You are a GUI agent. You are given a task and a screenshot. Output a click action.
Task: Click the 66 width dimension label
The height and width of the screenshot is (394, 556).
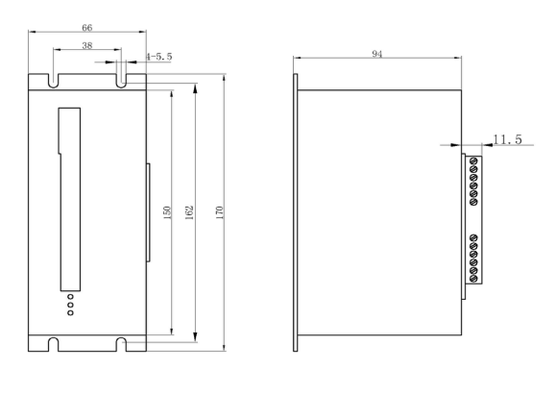[x=87, y=28]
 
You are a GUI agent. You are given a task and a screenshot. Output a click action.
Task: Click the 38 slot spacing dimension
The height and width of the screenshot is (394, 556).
[x=87, y=45]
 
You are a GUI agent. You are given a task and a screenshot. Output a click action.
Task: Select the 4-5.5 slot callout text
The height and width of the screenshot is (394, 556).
[x=158, y=57]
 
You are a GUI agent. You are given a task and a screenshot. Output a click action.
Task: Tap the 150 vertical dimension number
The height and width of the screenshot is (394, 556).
[x=167, y=212]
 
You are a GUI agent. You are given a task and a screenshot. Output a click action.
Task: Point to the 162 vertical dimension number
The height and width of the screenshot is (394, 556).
[x=189, y=212]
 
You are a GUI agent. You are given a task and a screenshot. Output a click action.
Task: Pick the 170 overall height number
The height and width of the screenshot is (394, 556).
[x=220, y=212]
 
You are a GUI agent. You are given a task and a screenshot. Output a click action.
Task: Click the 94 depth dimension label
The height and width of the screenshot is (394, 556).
[x=377, y=54]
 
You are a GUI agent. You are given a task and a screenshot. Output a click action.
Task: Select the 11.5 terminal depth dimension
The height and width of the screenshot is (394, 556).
[x=507, y=139]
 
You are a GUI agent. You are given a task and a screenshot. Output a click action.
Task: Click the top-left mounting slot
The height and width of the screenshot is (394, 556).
[x=53, y=81]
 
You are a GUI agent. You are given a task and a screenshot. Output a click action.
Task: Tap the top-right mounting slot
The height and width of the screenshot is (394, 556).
[x=121, y=81]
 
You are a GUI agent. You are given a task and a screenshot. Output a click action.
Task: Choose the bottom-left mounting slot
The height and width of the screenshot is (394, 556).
[x=53, y=345]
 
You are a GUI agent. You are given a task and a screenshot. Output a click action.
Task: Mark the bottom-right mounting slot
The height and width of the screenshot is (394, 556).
[x=121, y=345]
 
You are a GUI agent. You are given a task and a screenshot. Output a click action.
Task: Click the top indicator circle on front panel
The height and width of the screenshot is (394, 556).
[x=70, y=296]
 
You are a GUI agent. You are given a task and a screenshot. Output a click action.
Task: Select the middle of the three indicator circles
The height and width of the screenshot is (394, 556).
[x=70, y=305]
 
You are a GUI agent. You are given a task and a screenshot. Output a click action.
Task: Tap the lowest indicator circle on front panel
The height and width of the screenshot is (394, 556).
[x=70, y=312]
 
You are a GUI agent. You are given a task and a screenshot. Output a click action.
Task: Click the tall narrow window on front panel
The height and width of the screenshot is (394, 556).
[x=70, y=199]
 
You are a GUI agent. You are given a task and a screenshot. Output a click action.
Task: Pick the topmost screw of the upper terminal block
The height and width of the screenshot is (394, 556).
[x=473, y=161]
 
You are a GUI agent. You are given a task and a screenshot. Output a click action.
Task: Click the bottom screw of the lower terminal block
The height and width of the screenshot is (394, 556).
[x=473, y=279]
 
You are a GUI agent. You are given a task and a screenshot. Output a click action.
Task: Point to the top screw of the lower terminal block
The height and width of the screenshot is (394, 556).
[x=473, y=237]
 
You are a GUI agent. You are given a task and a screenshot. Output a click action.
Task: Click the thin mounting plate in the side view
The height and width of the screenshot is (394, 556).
[x=296, y=212]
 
